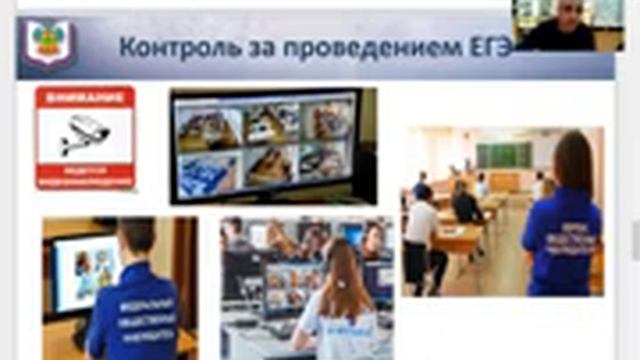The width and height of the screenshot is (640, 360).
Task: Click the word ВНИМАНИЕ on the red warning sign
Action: [84, 98]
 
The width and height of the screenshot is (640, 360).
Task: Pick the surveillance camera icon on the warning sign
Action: [84, 133]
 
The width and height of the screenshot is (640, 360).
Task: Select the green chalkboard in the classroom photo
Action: [501, 155]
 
